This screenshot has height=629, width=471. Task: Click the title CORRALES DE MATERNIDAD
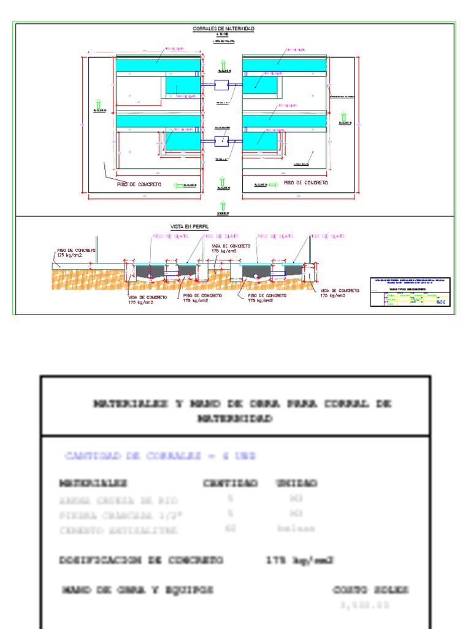pos(223,29)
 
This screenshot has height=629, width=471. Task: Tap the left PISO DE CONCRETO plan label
pos(139,184)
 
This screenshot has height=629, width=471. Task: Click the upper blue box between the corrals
pos(221,85)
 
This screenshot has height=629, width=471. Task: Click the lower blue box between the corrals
pos(221,141)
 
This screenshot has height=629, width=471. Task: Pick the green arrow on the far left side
pos(99,104)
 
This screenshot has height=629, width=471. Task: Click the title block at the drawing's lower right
pos(410,292)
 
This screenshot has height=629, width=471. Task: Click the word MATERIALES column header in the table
pos(93,483)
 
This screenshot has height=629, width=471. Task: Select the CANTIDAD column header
pos(231,483)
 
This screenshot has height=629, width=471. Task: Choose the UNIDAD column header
pos(296,483)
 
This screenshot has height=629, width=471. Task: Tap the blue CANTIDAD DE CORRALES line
pos(159,456)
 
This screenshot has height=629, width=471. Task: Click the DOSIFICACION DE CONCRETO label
pos(141,560)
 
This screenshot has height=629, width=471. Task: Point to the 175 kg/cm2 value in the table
pos(300,560)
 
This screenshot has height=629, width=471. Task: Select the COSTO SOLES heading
pos(371,590)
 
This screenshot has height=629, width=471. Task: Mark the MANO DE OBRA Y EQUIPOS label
pos(138,590)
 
